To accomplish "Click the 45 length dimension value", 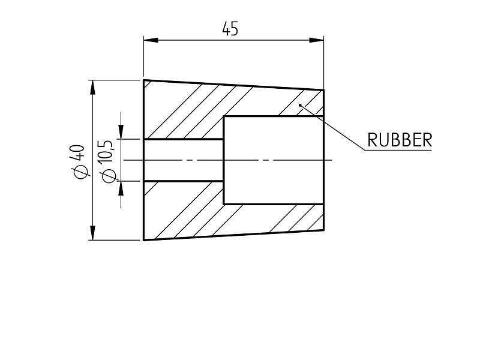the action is (230, 28).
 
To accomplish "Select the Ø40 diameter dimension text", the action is (79, 161).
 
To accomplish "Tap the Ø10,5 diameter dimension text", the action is (107, 161).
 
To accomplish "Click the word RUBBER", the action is (400, 140).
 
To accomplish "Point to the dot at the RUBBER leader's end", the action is (301, 105).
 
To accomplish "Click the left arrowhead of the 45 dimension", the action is (151, 40).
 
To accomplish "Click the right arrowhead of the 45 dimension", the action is (317, 40).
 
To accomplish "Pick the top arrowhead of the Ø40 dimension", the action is (92, 88).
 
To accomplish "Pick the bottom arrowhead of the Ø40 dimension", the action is (92, 233).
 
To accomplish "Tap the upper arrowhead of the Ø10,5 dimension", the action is (121, 132).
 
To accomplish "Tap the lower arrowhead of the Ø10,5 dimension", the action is (121, 188).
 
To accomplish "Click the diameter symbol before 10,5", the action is (109, 176).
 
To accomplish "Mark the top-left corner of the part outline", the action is (144, 80).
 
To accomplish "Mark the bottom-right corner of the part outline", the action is (323, 230).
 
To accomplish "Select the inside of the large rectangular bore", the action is (274, 160).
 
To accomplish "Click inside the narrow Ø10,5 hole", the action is (184, 160).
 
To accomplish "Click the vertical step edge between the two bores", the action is (224, 160).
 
